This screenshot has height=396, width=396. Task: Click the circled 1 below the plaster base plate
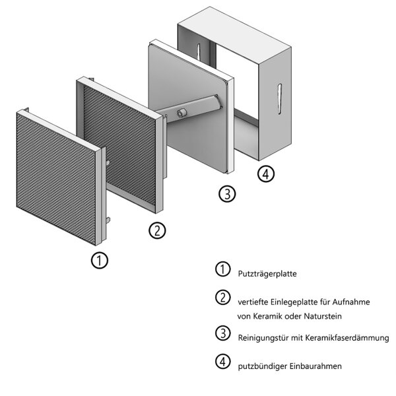tap(99, 260)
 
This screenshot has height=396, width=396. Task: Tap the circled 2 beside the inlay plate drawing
tap(157, 230)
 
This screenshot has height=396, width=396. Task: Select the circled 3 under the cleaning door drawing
tap(226, 194)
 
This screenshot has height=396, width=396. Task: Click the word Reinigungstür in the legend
tap(261, 337)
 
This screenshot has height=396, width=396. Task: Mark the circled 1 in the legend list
tap(222, 269)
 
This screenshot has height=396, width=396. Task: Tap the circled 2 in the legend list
tap(222, 298)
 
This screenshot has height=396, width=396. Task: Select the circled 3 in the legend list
tap(222, 334)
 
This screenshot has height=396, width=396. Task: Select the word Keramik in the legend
tap(271, 315)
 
